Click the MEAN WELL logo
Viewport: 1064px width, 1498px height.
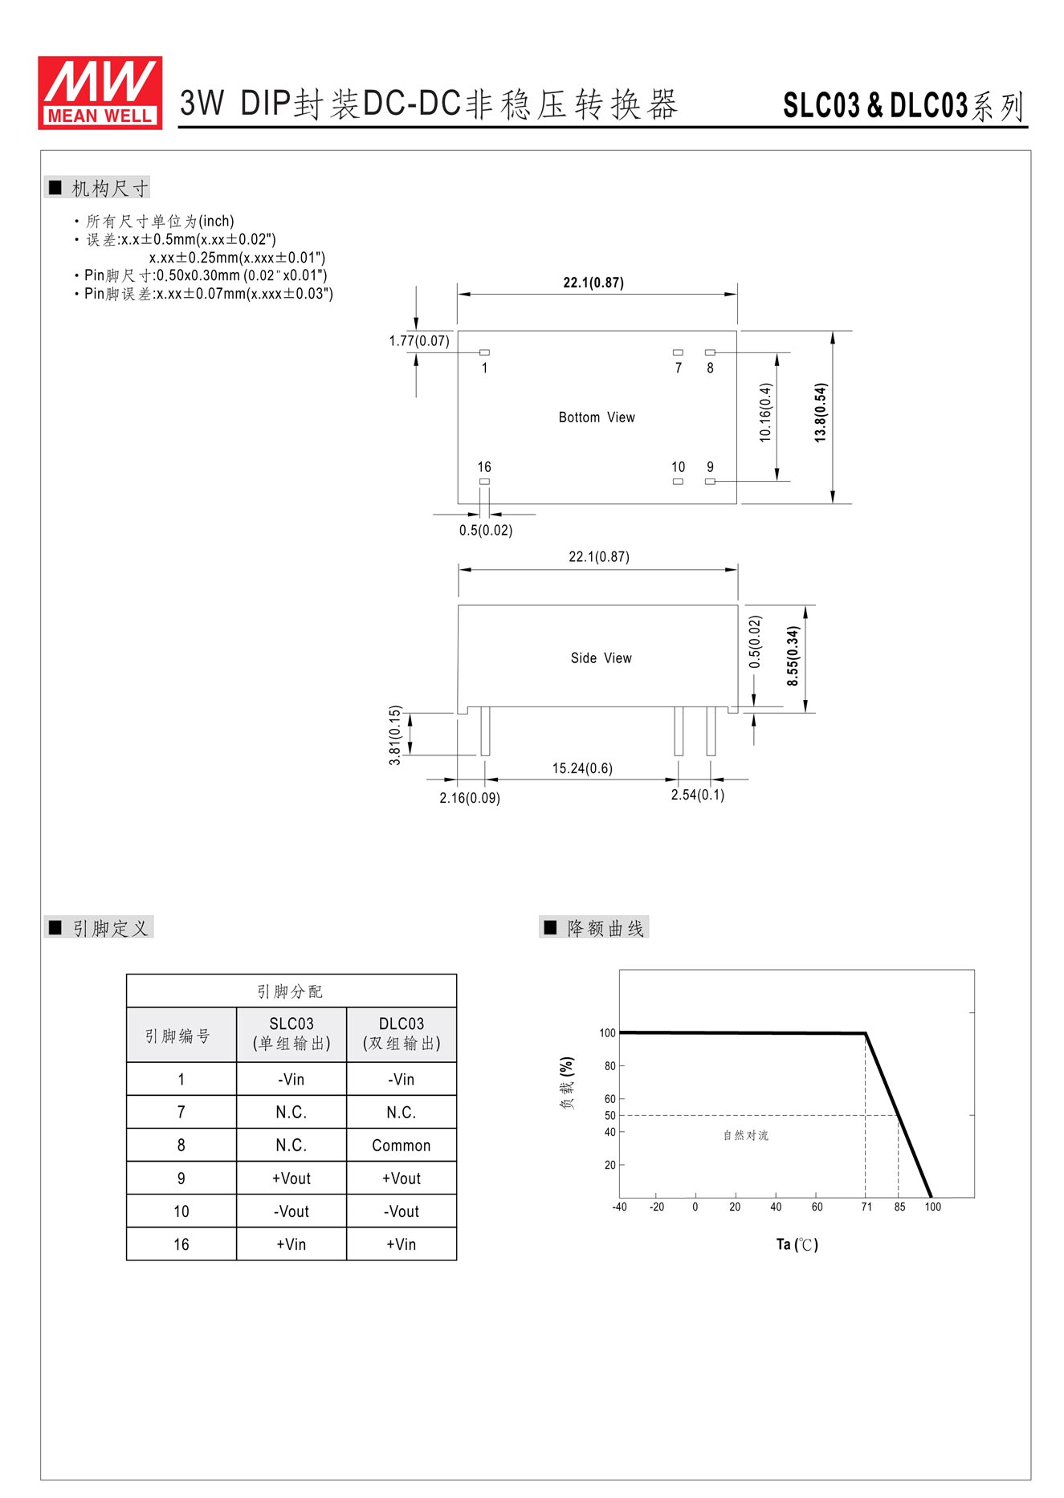(x=100, y=92)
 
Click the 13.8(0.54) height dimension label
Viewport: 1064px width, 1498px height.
(x=820, y=413)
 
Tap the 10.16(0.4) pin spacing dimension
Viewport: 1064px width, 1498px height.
(x=765, y=413)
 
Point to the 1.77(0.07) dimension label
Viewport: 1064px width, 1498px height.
(x=419, y=341)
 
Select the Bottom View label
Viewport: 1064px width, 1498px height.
(x=597, y=417)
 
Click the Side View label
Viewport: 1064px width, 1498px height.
(x=601, y=658)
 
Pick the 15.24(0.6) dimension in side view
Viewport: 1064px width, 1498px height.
(x=582, y=768)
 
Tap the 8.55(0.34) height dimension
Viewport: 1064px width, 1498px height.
(x=793, y=656)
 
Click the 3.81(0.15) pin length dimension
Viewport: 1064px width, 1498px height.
(x=395, y=735)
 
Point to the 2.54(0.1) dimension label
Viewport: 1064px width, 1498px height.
(x=698, y=795)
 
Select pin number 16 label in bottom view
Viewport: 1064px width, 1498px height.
(x=484, y=467)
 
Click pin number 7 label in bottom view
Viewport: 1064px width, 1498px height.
(x=679, y=368)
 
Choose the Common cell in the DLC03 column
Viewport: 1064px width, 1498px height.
(x=402, y=1146)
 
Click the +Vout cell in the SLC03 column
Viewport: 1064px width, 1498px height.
(x=291, y=1178)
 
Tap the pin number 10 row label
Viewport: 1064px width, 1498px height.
(x=181, y=1211)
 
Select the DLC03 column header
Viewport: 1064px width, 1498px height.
(x=402, y=1033)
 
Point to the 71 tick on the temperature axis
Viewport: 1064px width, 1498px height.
(x=866, y=1207)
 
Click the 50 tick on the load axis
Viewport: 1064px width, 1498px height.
(x=610, y=1116)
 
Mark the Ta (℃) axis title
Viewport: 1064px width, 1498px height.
(x=797, y=1244)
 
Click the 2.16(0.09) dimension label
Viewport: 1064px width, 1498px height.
(x=470, y=798)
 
